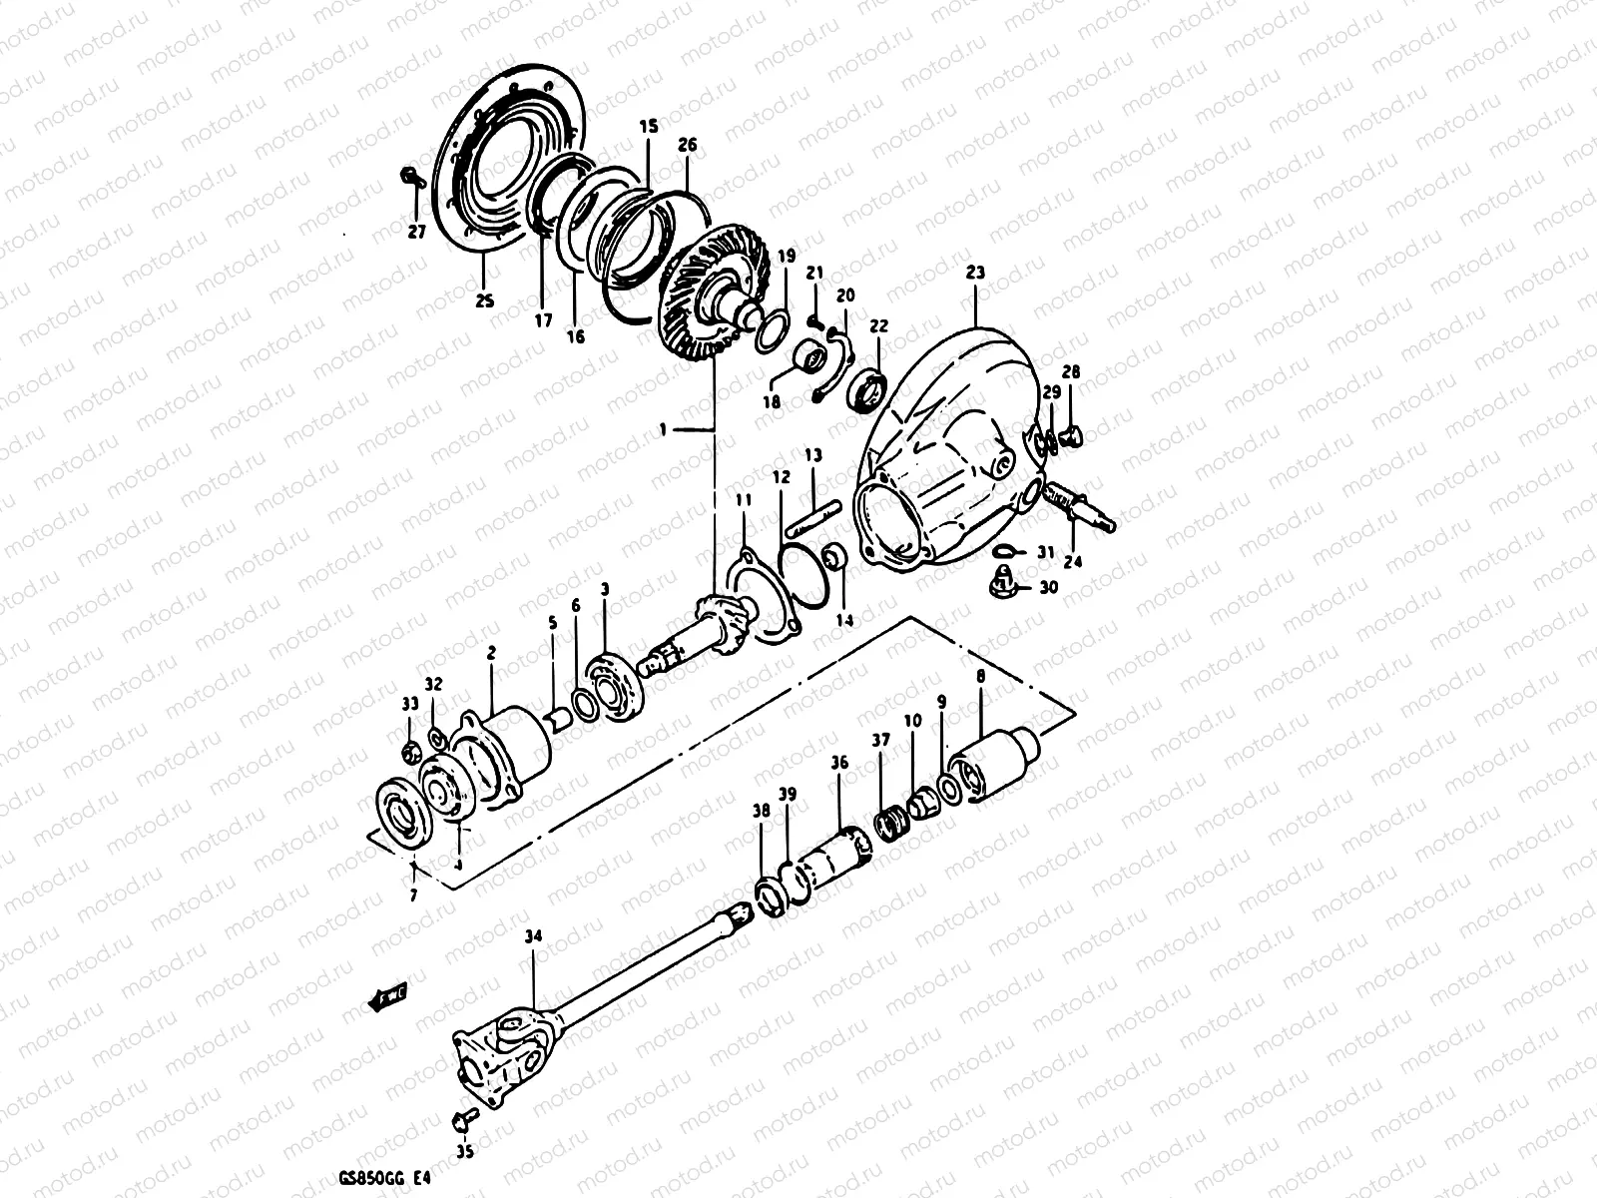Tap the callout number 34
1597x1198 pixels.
click(x=534, y=937)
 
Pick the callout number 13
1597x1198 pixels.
click(x=813, y=455)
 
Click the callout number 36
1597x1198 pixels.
click(x=838, y=763)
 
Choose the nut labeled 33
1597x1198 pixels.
click(x=410, y=750)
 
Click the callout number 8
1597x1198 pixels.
click(x=980, y=676)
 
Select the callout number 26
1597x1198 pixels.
click(x=688, y=144)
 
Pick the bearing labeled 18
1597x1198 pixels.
click(x=808, y=354)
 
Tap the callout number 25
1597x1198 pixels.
click(x=485, y=299)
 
